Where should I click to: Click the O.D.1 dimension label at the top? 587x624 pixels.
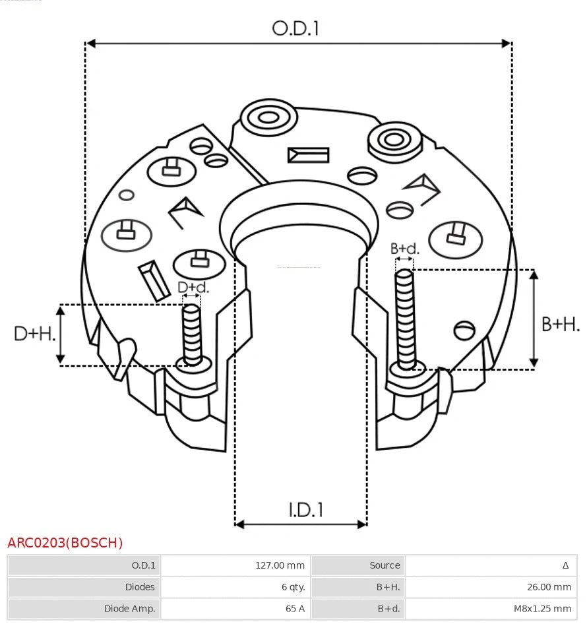tap(295, 28)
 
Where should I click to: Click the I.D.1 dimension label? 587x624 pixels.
tap(305, 509)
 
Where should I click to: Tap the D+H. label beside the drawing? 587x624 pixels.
tap(34, 334)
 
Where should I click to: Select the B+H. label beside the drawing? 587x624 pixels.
tap(560, 324)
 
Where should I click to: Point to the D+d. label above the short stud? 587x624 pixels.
tap(193, 288)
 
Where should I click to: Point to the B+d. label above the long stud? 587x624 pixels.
tap(404, 249)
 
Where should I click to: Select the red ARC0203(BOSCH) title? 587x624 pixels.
tap(65, 543)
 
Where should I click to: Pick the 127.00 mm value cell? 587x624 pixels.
tap(280, 565)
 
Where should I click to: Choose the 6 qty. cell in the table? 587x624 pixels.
tap(292, 587)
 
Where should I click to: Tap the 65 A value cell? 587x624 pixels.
tap(295, 609)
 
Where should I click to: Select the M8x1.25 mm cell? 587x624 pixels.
tap(542, 609)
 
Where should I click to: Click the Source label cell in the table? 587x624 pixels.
tap(385, 565)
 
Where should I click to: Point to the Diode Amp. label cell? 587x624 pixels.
tap(129, 609)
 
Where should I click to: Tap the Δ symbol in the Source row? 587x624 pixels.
tap(565, 565)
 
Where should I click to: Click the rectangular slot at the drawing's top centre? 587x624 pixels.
tap(308, 155)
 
